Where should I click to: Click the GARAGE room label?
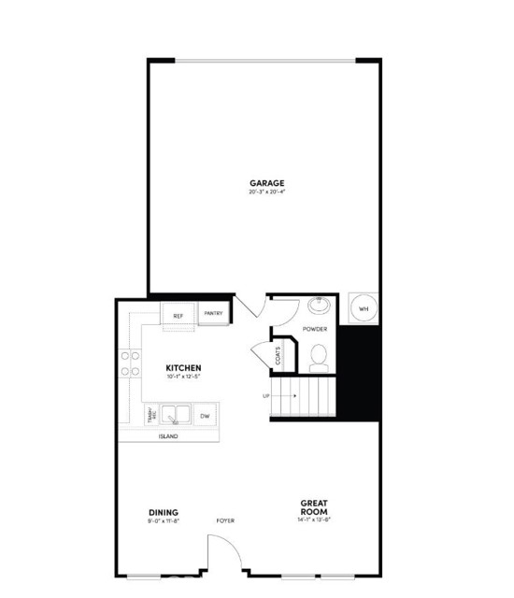coord(266,183)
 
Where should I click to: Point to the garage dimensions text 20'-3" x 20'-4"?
coord(266,192)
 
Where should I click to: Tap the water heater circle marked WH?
coord(364,308)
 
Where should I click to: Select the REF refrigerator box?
coord(178,316)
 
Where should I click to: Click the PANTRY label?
coord(212,314)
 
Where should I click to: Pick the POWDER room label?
coord(314,329)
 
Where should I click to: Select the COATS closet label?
coord(278,355)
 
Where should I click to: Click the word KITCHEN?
coord(184,368)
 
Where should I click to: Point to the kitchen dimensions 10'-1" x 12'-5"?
coord(184,377)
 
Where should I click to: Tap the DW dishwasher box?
coord(204,415)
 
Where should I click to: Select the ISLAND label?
coord(168,436)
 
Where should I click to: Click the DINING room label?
coord(164,511)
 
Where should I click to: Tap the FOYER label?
coord(225,520)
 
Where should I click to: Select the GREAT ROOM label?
coord(313,507)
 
